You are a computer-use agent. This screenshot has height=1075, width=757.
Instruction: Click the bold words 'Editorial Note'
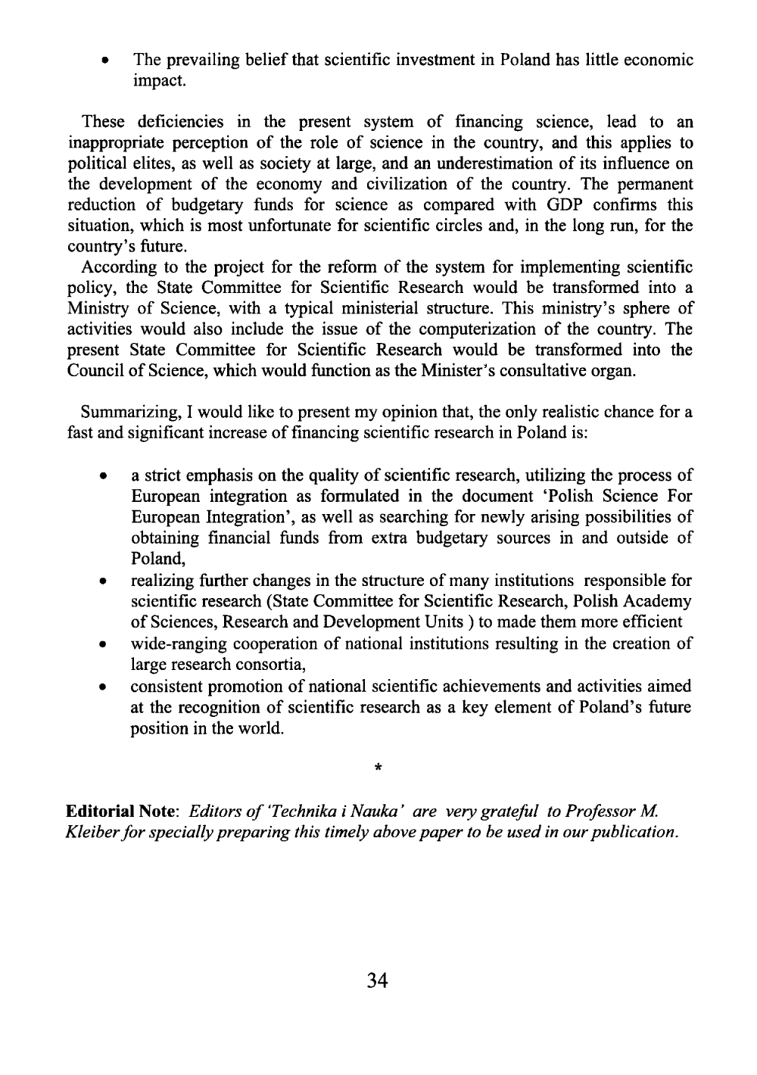coord(121,812)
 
